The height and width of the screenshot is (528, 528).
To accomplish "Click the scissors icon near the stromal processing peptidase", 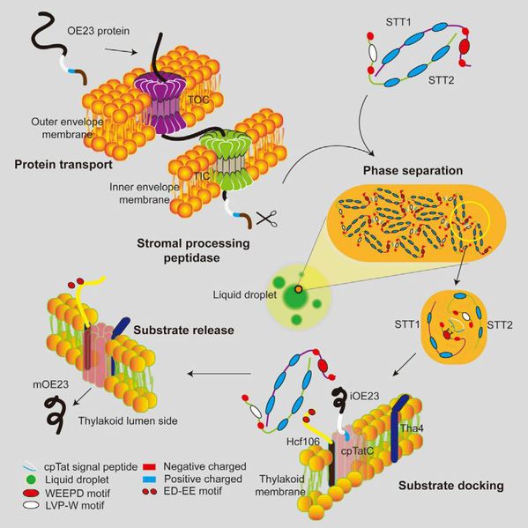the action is coord(267,219).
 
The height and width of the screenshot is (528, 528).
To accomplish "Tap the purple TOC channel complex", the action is coord(160,103).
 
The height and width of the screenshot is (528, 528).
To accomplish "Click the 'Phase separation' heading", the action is coord(413,170).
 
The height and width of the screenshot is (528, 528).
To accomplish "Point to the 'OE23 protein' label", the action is coord(99,31).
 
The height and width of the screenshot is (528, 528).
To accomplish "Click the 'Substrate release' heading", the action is coord(183,330).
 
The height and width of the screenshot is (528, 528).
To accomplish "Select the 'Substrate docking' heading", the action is coord(451,485).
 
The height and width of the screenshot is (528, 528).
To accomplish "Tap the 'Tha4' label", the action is coord(412,428).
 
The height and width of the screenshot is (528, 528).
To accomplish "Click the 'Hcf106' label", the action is coord(302,442).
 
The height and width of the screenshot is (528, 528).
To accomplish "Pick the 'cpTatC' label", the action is coord(357,451).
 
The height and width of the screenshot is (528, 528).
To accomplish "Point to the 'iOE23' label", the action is coord(364,396).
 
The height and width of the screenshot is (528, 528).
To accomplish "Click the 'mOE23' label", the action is coord(50,384).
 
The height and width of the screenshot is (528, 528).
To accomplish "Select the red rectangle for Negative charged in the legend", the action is coord(149,467).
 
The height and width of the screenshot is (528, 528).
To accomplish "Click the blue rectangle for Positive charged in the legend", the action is coord(149,479).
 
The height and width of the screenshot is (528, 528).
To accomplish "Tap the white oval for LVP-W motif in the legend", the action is coord(31,505).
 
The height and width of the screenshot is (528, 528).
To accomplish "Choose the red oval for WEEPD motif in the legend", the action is coord(31,494).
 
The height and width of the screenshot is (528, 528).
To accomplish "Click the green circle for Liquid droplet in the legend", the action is coord(31,480).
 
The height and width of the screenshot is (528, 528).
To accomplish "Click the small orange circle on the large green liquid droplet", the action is coord(298,289).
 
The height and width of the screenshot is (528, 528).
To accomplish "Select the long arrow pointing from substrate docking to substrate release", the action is coord(219,374).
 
